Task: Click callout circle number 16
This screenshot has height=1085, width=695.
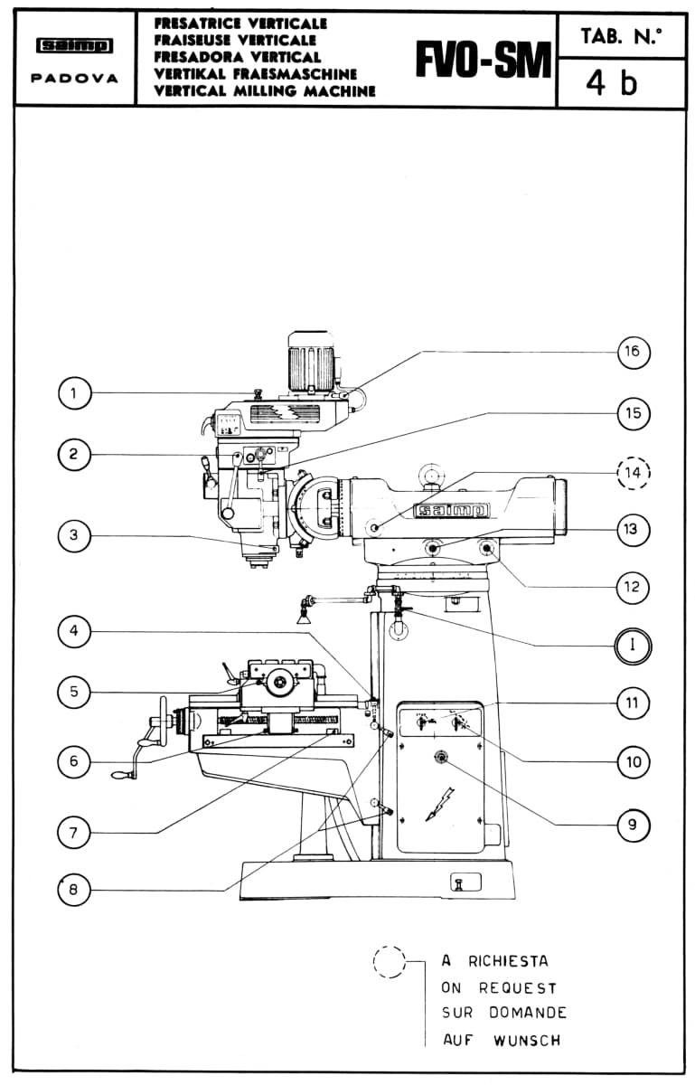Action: (x=634, y=352)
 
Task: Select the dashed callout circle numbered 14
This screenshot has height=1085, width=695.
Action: (x=634, y=472)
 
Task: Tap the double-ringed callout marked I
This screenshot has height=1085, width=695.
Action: (x=633, y=646)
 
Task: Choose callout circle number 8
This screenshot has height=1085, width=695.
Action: (x=73, y=890)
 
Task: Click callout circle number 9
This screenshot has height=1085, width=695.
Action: (x=634, y=825)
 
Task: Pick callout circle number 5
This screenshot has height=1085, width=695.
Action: (x=73, y=691)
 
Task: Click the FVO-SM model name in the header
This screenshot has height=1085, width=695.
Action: (x=484, y=60)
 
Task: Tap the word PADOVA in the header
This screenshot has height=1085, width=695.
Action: (x=74, y=78)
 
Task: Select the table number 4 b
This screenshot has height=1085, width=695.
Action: (x=611, y=83)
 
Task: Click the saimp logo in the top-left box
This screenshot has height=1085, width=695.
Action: (x=75, y=46)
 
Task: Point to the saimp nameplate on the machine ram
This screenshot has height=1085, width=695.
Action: (x=451, y=510)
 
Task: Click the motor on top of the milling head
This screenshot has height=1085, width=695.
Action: (x=311, y=361)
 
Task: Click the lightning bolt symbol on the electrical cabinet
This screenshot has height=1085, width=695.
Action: (x=440, y=804)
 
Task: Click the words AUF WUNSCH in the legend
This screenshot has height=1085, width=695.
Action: (x=502, y=1040)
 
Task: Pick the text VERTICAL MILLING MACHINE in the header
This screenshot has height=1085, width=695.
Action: (x=265, y=91)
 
